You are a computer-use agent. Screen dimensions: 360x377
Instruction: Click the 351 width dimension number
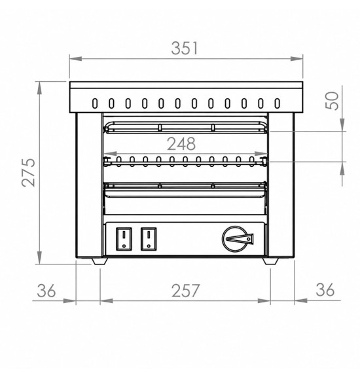pyautogui.click(x=185, y=48)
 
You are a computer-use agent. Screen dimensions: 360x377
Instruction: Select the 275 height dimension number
pyautogui.click(x=28, y=172)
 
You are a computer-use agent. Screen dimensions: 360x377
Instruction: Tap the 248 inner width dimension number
pyautogui.click(x=181, y=144)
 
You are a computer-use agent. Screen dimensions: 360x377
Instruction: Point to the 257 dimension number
pyautogui.click(x=185, y=291)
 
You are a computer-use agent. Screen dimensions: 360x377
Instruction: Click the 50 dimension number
pyautogui.click(x=332, y=101)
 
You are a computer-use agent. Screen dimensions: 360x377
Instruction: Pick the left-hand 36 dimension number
pyautogui.click(x=46, y=291)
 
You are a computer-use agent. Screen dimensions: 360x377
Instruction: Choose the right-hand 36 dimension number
pyautogui.click(x=325, y=290)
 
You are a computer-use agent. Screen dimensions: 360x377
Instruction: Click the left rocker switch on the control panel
pyautogui.click(x=124, y=239)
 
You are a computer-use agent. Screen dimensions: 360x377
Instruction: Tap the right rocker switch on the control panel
pyautogui.click(x=149, y=239)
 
